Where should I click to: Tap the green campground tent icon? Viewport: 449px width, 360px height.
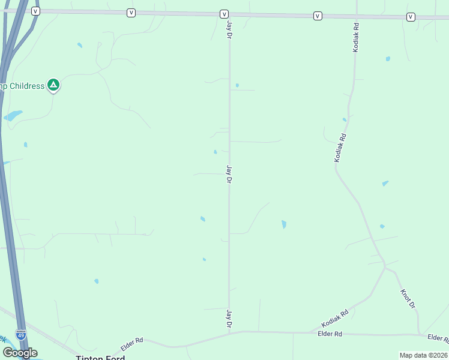(x=53, y=85)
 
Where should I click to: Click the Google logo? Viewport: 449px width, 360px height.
(x=20, y=353)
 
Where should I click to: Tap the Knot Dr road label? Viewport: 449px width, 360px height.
(x=408, y=299)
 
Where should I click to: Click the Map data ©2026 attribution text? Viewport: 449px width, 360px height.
(x=423, y=355)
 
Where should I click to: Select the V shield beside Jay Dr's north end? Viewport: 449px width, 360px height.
(x=224, y=14)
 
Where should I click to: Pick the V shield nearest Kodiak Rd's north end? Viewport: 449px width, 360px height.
(x=318, y=16)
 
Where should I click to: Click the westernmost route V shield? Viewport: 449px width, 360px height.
(x=35, y=11)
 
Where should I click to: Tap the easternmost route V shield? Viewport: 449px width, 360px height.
(x=411, y=17)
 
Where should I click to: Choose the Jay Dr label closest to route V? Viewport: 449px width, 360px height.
(x=229, y=31)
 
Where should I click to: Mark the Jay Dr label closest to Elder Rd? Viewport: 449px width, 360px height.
(x=229, y=318)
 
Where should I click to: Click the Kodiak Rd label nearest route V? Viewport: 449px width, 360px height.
(x=356, y=37)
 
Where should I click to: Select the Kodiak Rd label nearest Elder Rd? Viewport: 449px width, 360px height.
(x=335, y=314)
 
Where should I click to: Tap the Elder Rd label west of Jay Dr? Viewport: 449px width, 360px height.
(x=132, y=344)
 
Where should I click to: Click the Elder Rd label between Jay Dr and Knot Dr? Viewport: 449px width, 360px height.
(x=330, y=334)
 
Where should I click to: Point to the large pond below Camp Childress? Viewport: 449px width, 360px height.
(x=13, y=115)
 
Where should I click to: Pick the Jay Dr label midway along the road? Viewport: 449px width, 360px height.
(x=229, y=174)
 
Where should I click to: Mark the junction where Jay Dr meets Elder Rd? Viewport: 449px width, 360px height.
(x=229, y=331)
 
